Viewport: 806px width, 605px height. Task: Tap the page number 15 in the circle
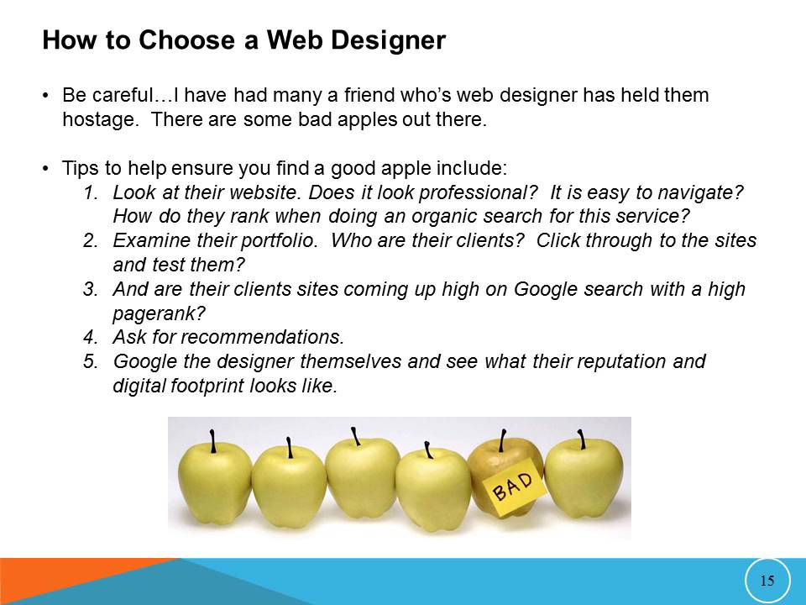[767, 581]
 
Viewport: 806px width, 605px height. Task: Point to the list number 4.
[90, 338]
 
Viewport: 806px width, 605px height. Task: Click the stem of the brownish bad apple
[502, 440]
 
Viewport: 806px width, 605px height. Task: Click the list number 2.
[90, 240]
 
